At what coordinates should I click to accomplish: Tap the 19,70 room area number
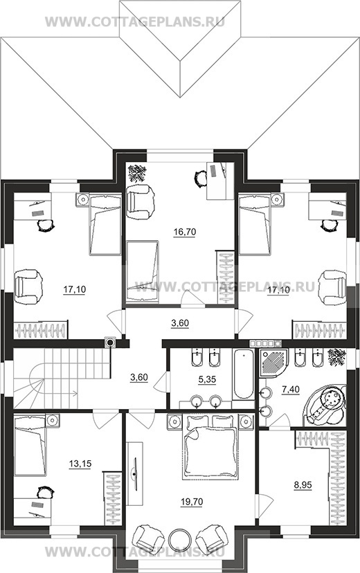tap(192, 502)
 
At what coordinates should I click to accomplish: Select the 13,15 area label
tap(80, 464)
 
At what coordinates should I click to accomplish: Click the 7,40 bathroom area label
tap(291, 390)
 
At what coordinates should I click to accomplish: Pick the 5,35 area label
tap(207, 380)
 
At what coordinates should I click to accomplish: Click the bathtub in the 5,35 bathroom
tap(243, 374)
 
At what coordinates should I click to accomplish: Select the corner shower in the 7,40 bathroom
tap(273, 363)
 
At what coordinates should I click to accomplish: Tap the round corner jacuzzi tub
tap(325, 405)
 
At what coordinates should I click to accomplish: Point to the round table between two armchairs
tap(180, 539)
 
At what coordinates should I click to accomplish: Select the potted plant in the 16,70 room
tap(137, 173)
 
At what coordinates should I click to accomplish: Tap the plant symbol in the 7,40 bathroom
tap(336, 357)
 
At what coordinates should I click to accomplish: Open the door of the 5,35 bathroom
tap(161, 382)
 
